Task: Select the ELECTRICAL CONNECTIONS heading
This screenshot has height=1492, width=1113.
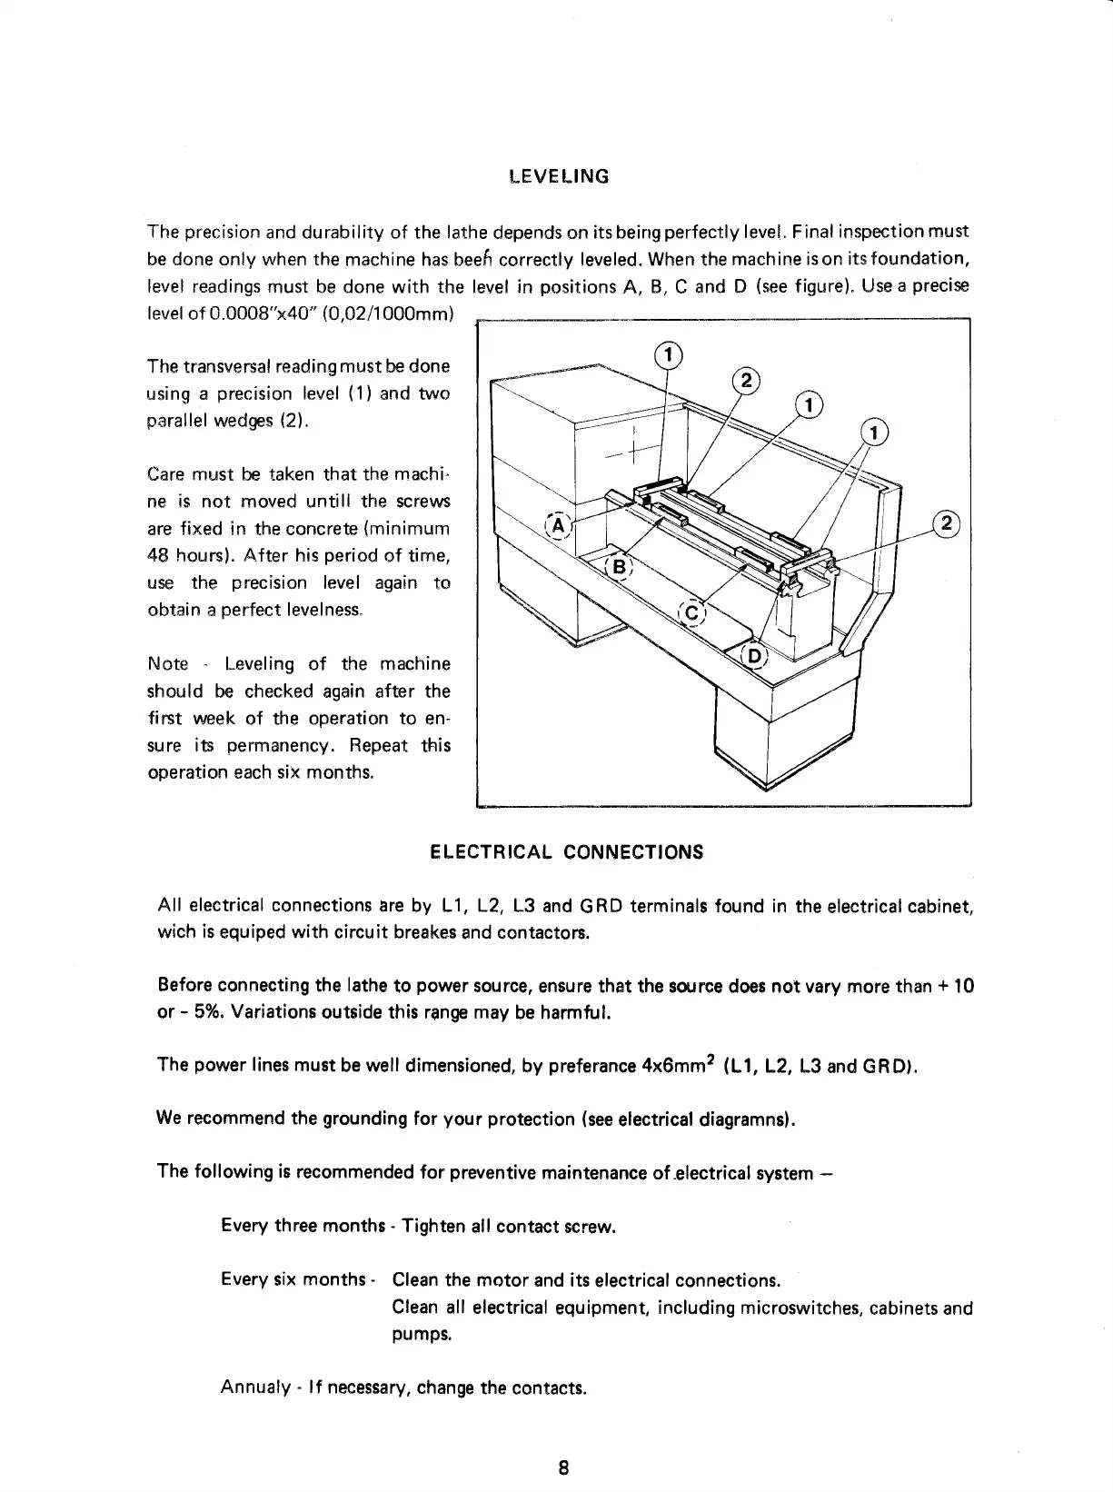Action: (566, 852)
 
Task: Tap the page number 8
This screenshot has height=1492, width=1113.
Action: (563, 1467)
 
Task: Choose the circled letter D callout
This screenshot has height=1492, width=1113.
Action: (755, 656)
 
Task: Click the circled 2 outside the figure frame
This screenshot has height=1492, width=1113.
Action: (947, 523)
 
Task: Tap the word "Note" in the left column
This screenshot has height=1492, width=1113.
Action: (167, 664)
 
